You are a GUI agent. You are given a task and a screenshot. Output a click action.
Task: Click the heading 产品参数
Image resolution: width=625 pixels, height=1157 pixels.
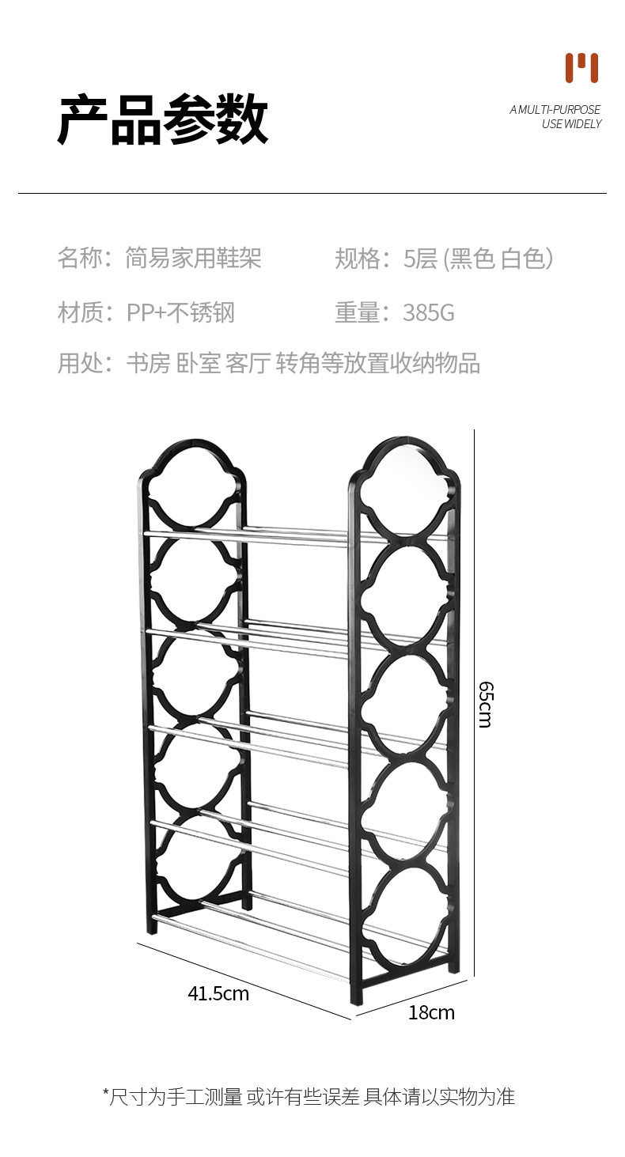click(x=163, y=119)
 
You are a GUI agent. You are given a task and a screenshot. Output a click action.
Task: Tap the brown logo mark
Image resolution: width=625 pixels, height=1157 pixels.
click(x=581, y=68)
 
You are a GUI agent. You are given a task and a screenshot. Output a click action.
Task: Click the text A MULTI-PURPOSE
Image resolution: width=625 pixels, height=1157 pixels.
click(x=555, y=110)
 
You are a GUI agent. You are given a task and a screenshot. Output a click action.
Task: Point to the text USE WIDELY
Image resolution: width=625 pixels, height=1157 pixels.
click(x=571, y=124)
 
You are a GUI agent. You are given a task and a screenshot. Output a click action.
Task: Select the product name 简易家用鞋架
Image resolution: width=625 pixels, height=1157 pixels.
click(x=193, y=258)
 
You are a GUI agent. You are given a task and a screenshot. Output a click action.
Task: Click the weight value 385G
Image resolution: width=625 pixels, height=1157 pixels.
click(x=428, y=313)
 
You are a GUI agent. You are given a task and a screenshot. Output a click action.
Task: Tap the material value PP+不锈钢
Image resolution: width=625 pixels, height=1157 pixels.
click(x=180, y=313)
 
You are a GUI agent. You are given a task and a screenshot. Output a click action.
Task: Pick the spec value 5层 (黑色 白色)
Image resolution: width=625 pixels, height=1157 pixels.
click(x=478, y=258)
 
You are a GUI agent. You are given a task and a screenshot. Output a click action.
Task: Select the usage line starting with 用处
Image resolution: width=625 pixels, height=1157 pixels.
click(x=268, y=363)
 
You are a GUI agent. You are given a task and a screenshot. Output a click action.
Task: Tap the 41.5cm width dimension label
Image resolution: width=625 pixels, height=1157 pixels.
click(x=218, y=993)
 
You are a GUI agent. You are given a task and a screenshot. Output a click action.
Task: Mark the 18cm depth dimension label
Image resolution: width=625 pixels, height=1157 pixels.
click(x=431, y=1012)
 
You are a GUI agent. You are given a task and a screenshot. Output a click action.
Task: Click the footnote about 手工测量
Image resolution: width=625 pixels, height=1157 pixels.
click(x=309, y=1096)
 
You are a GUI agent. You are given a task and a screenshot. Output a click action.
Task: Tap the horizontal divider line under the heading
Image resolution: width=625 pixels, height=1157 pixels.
click(x=312, y=193)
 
